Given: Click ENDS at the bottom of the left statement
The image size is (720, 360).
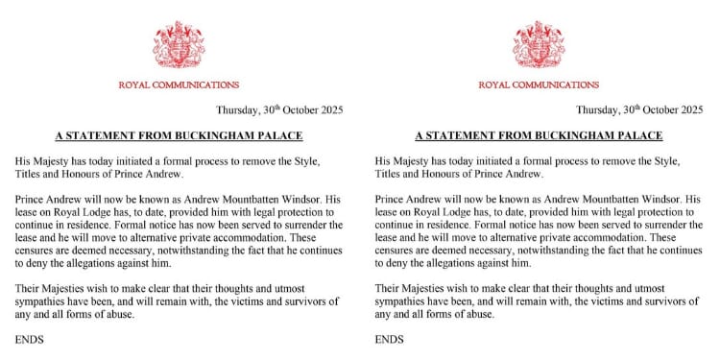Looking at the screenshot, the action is pos(30,339).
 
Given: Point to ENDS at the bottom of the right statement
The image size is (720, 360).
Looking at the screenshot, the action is pos(390,339).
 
